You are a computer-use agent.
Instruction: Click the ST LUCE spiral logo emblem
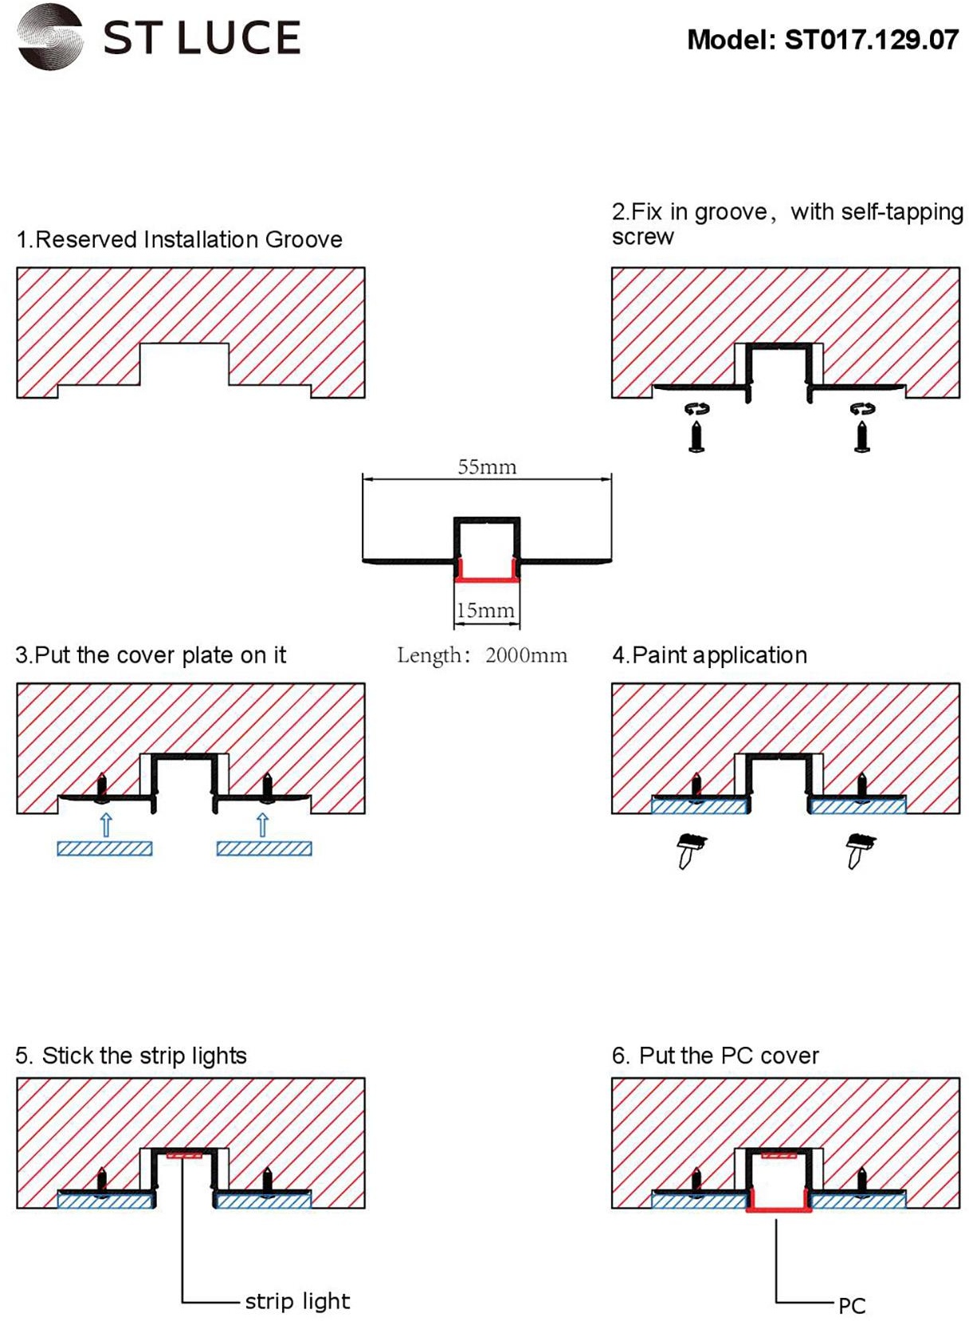(50, 37)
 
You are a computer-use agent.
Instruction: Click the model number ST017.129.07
(871, 40)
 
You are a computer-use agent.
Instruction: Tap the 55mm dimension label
(487, 467)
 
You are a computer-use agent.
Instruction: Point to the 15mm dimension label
(485, 611)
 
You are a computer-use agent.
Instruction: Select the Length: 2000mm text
(482, 655)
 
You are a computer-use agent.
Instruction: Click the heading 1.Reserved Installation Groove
(179, 239)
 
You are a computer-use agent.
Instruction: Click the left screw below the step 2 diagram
(696, 437)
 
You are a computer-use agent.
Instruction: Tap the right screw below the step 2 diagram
(861, 437)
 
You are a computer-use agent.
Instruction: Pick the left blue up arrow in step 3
(106, 824)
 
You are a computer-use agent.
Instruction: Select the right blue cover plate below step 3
(264, 848)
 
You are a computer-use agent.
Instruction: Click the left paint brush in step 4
(690, 850)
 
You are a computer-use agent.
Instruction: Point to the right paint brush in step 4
(859, 850)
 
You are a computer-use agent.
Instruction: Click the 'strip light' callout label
(297, 1301)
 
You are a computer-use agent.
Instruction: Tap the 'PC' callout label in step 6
(851, 1306)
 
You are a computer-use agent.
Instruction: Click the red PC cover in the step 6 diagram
(779, 1209)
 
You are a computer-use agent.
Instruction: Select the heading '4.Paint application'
(709, 655)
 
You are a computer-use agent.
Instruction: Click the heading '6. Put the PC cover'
(715, 1056)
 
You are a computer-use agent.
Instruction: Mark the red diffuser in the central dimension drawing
(487, 579)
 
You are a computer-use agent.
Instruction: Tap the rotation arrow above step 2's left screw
(696, 409)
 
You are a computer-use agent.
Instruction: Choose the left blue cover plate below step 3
(104, 848)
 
